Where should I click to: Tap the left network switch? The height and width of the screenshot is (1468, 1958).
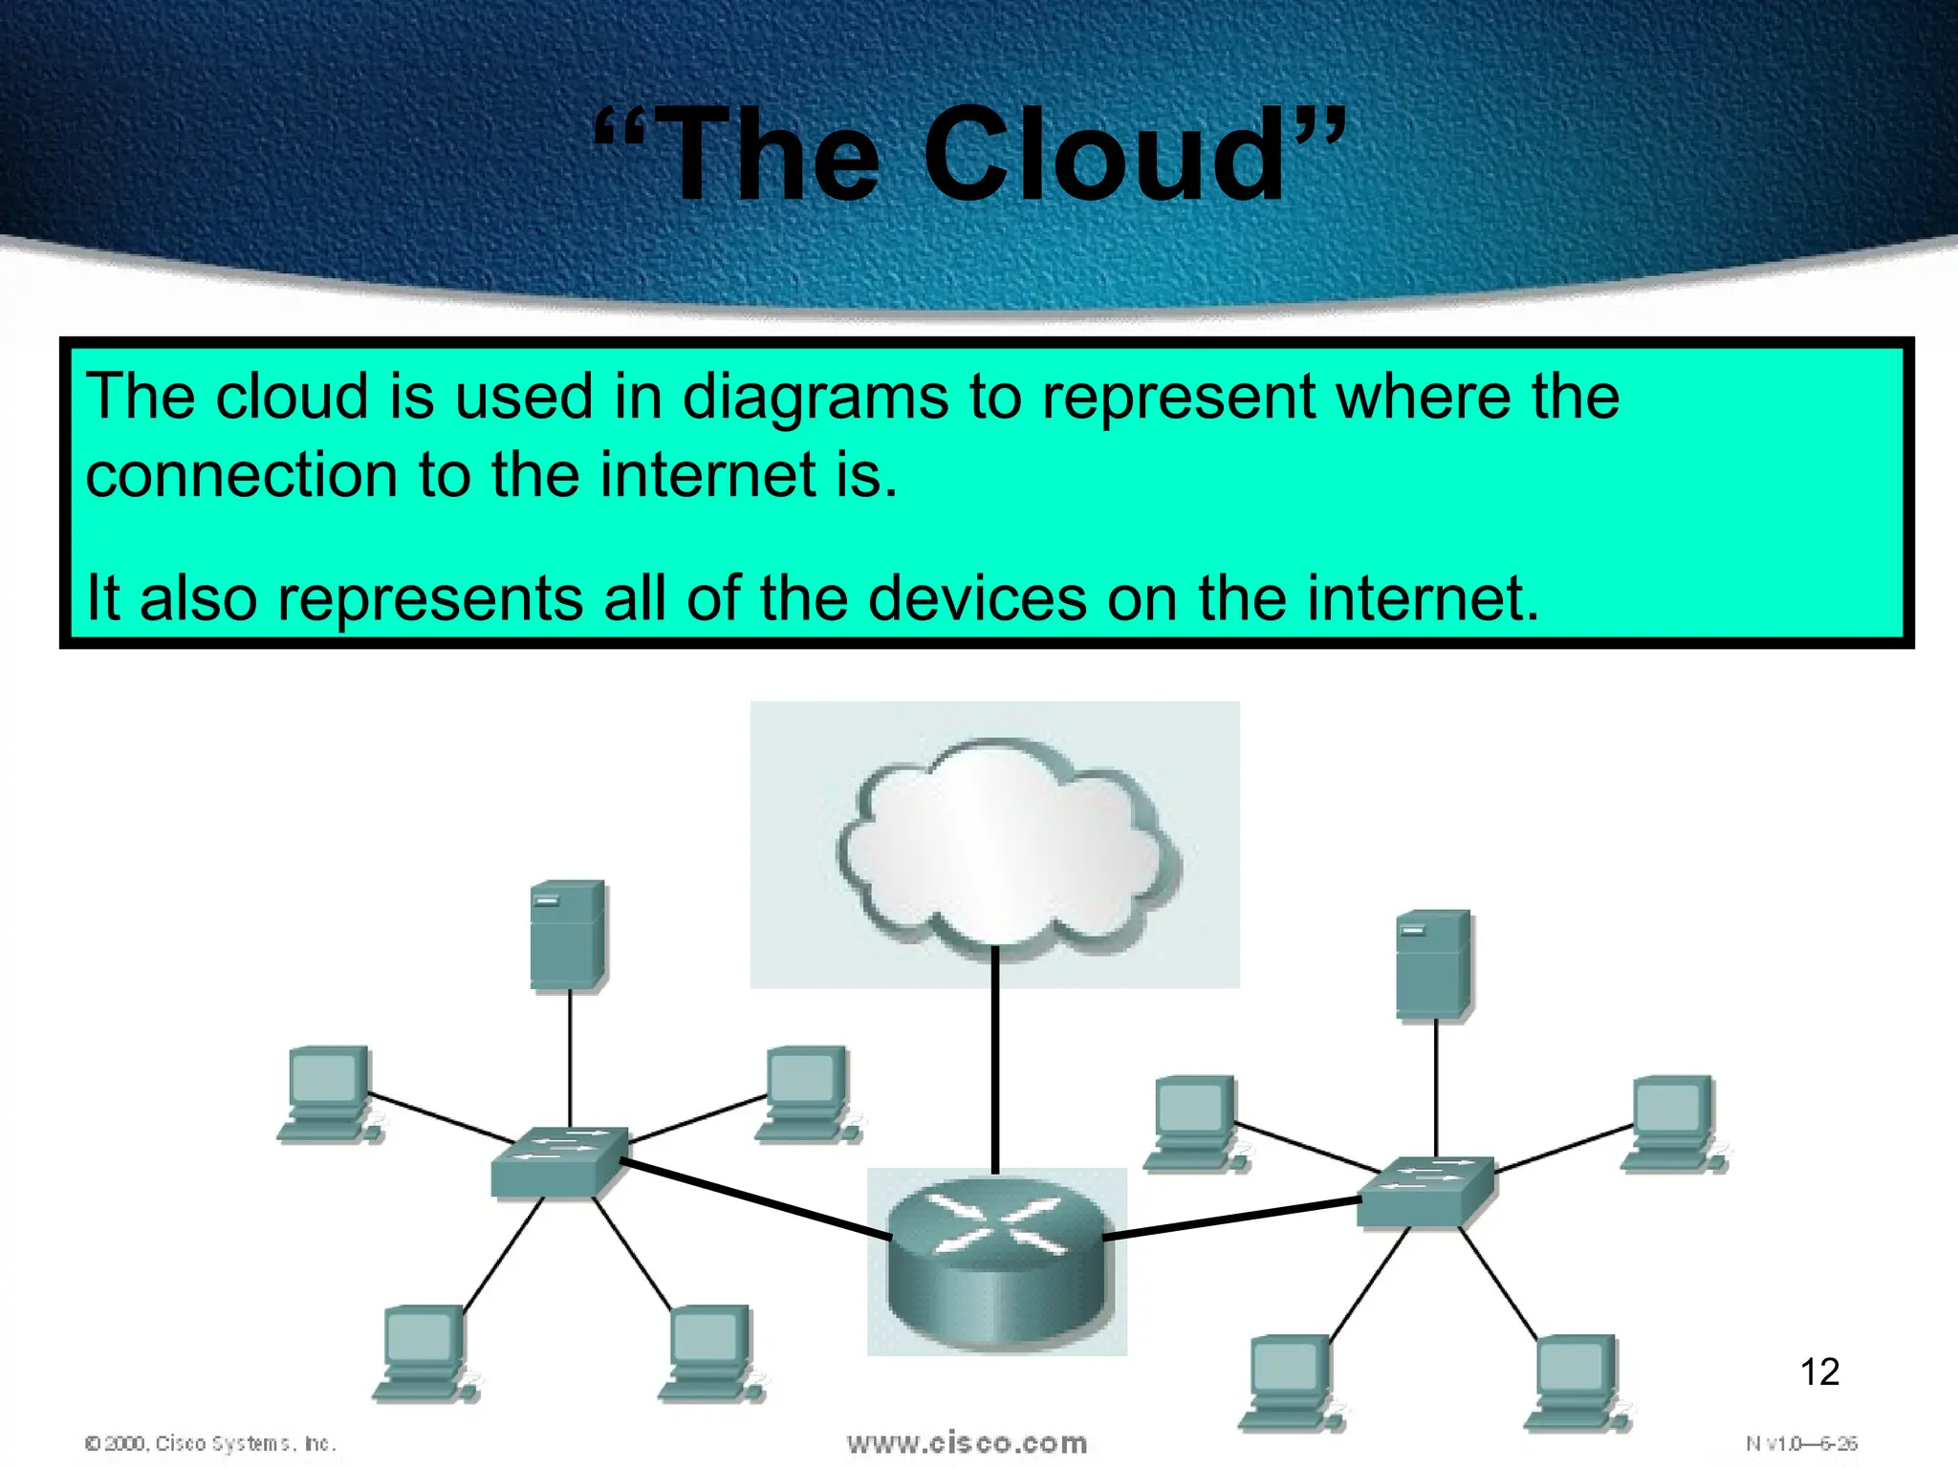[559, 1160]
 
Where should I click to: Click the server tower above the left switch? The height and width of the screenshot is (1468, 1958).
[568, 934]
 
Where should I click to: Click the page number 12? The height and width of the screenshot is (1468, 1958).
[1819, 1372]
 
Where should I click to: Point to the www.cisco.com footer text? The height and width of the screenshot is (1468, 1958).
[967, 1442]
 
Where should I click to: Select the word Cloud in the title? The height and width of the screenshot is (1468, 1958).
[1104, 155]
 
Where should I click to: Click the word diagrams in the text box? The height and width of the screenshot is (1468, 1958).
[815, 397]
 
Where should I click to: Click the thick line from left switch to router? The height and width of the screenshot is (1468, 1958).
[755, 1198]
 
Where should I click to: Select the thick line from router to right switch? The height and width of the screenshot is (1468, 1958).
[1233, 1219]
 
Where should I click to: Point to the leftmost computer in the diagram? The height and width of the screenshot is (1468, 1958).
[328, 1093]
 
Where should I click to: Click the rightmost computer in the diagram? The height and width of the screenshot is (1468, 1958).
[1673, 1123]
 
